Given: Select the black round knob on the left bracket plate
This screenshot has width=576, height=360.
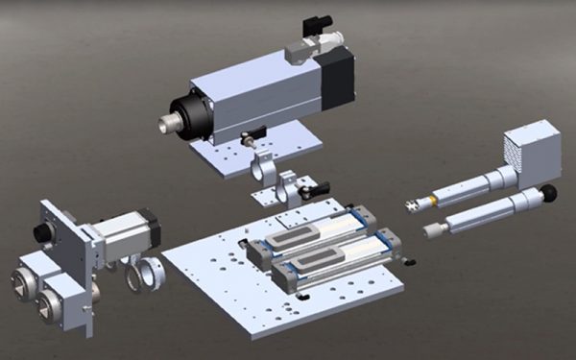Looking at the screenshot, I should [x=41, y=233].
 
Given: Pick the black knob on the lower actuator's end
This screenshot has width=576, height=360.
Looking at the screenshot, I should [x=550, y=195].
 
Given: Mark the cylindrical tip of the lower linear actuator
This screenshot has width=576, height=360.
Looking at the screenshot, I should [x=432, y=228].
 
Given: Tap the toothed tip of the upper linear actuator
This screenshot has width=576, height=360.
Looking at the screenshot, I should [x=412, y=204].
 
